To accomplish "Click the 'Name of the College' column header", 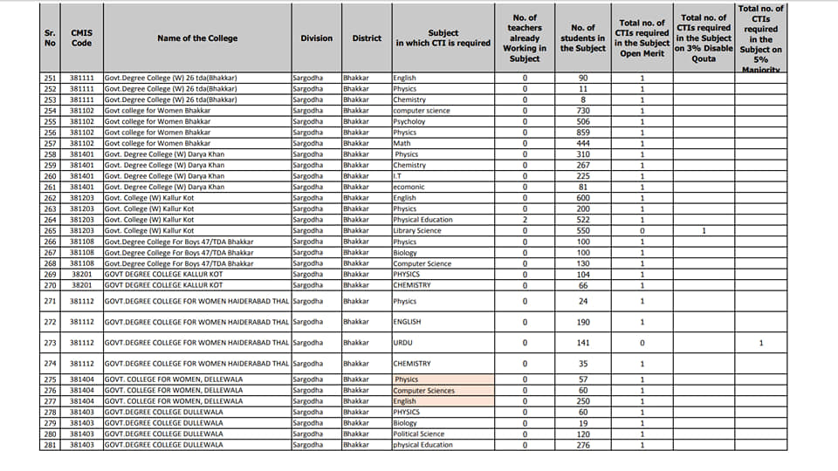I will point(197,38).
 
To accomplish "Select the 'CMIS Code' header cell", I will point(81,38).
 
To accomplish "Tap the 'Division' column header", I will point(316,38).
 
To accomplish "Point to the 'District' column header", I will point(367,38).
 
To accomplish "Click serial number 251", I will point(50,78).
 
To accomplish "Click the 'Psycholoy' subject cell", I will point(409,122).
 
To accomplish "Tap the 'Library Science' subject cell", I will point(417,231).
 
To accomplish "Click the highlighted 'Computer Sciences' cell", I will point(424,391).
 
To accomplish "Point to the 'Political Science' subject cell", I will point(419,434).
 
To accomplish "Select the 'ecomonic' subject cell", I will point(409,188).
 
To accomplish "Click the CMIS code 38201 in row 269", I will point(81,275).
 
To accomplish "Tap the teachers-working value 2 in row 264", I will point(525,220).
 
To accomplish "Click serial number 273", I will point(50,343).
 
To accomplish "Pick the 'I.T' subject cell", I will point(398,176).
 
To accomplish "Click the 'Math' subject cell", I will point(402,144).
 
